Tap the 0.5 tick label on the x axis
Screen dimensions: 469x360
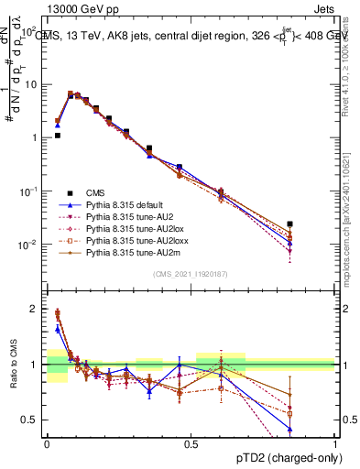[191, 443]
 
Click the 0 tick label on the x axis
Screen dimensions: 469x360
[47, 443]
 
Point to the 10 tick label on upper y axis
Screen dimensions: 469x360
[34, 84]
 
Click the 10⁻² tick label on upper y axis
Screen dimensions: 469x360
[31, 245]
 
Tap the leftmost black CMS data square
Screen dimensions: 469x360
[57, 135]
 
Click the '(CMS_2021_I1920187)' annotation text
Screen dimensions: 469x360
[190, 275]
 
